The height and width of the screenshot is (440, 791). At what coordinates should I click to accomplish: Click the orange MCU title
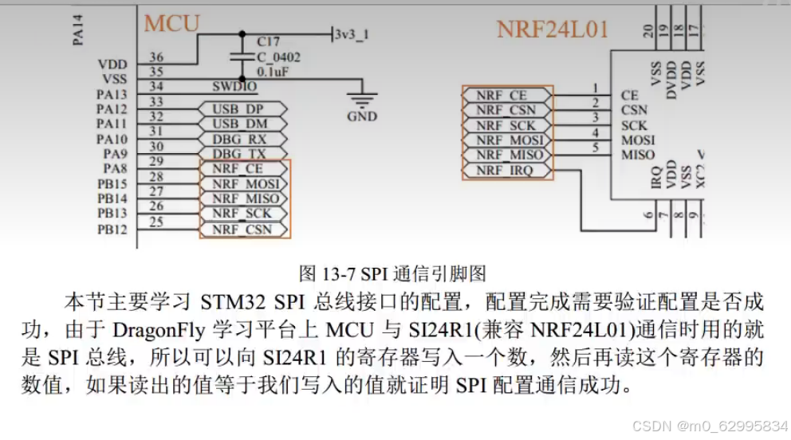point(171,23)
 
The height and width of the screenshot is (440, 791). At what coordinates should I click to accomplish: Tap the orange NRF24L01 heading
point(553,29)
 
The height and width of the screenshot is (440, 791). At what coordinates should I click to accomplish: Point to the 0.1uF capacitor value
point(273,71)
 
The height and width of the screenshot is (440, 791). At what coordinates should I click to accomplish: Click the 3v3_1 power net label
point(352,34)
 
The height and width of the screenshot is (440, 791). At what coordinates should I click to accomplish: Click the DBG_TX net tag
point(240,153)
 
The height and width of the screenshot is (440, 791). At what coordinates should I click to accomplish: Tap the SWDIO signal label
point(234,86)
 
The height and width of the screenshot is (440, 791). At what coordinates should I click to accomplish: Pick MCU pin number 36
point(156,57)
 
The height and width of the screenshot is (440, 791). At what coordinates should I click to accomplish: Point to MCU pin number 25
point(156,222)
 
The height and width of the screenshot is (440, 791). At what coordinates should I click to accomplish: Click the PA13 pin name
point(112,94)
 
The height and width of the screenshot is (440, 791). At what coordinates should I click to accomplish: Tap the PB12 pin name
point(112,229)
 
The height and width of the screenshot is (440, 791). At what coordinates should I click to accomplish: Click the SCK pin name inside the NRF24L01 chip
point(634,125)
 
